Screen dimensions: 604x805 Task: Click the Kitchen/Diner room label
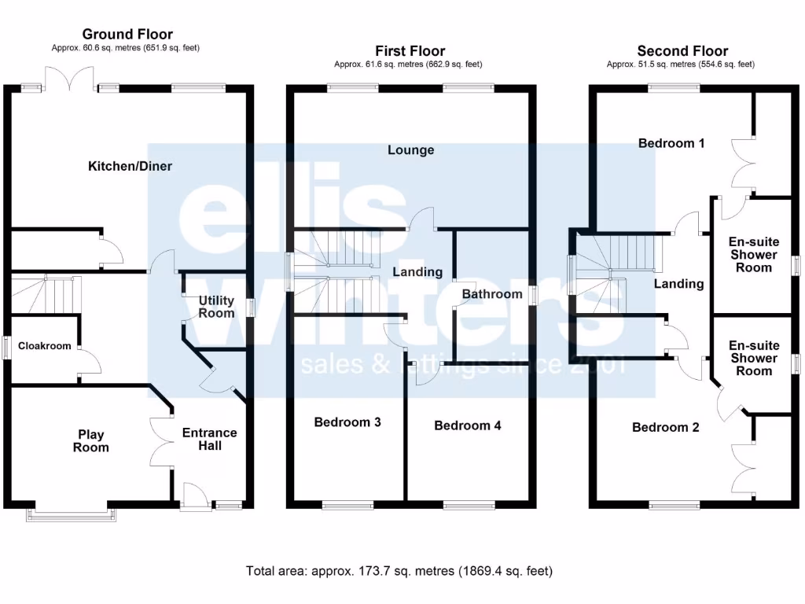click(130, 166)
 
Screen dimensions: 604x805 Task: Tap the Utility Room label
click(216, 307)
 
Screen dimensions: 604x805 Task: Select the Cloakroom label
click(45, 346)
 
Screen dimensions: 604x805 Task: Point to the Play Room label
click(91, 441)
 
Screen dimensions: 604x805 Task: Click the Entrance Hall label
click(209, 439)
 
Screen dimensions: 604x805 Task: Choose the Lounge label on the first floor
click(410, 150)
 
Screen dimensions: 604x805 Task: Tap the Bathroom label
click(491, 294)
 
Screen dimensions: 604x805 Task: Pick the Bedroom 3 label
click(347, 422)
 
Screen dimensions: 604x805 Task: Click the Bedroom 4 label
click(468, 425)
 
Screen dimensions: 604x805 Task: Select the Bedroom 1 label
click(671, 143)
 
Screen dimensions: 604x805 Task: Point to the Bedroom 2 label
click(666, 428)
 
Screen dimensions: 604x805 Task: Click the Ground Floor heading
click(127, 34)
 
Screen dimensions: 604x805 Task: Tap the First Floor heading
click(410, 51)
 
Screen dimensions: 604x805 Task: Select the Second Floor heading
click(682, 51)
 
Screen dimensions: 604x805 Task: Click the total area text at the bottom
click(399, 571)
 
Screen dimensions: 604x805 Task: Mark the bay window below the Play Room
click(73, 514)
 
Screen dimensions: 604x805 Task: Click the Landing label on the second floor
click(678, 284)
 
